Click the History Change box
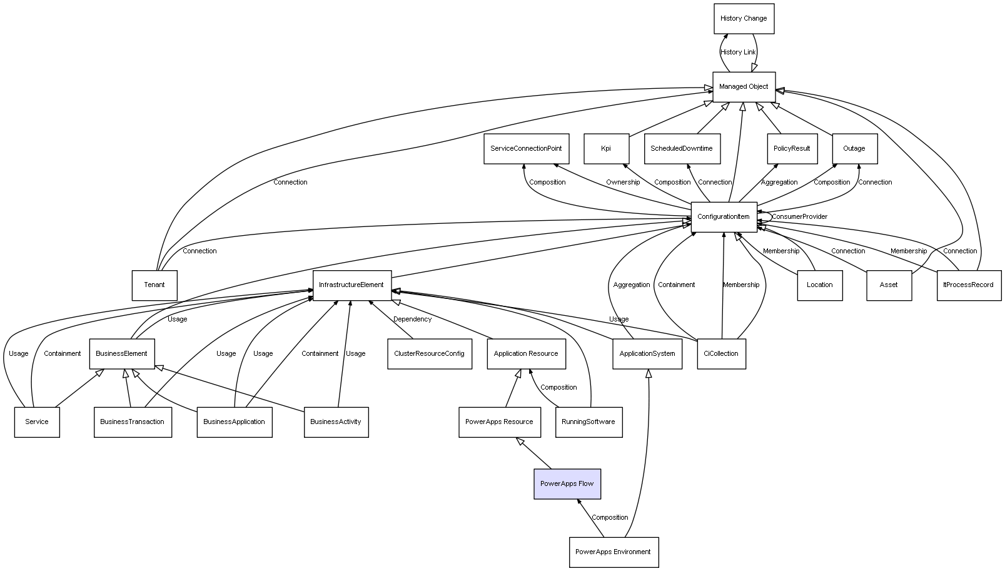pos(744,19)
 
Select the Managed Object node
pos(744,87)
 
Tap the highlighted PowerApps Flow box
pos(567,484)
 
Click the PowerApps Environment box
pos(614,552)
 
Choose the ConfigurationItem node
pos(724,217)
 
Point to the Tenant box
pos(154,285)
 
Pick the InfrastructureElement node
pos(351,285)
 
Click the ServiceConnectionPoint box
pos(526,149)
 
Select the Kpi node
pos(606,149)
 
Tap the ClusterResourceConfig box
pos(429,354)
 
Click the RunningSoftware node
pos(588,422)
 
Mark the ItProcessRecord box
pos(969,285)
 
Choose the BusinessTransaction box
pos(133,422)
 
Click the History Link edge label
pos(738,53)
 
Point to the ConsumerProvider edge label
pos(799,217)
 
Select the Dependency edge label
pos(412,320)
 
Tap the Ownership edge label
pos(623,183)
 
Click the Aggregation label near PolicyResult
pos(779,183)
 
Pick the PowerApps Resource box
pos(499,422)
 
